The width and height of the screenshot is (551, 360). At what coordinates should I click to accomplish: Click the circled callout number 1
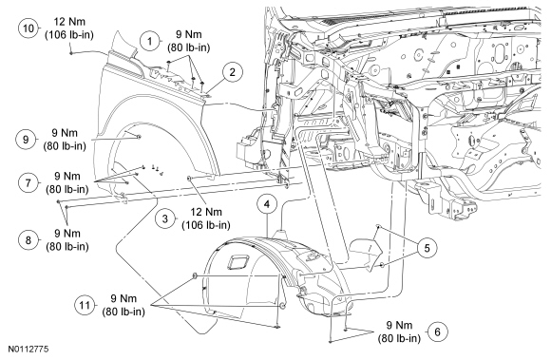click(150, 41)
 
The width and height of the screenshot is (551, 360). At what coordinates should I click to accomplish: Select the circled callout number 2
click(233, 72)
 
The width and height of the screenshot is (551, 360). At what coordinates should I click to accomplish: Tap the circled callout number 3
click(165, 218)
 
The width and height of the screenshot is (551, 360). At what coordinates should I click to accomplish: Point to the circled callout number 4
click(267, 203)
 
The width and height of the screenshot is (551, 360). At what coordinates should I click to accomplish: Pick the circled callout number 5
click(427, 248)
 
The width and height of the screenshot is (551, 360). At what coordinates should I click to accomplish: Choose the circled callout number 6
click(438, 332)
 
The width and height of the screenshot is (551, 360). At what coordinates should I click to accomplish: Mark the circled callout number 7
click(28, 182)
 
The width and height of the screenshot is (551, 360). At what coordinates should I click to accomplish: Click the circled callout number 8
click(28, 240)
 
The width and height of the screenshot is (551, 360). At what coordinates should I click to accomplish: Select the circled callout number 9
click(26, 140)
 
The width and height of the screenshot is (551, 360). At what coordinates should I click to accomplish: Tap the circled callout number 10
click(28, 28)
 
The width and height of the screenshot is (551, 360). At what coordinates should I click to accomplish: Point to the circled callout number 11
click(85, 305)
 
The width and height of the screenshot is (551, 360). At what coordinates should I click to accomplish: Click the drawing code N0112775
click(28, 350)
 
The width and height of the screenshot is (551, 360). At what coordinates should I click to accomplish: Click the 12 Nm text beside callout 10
click(69, 22)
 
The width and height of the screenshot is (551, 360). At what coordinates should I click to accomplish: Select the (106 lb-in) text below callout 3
click(206, 225)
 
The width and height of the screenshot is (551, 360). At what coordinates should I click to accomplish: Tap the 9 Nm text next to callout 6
click(399, 325)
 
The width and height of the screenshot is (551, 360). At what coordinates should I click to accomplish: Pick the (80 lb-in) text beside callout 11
click(123, 312)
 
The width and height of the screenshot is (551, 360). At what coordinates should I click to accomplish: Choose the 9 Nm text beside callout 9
click(65, 133)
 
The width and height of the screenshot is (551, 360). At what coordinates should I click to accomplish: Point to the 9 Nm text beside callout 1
click(189, 34)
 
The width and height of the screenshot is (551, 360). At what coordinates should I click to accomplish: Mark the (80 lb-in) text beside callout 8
click(67, 247)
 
